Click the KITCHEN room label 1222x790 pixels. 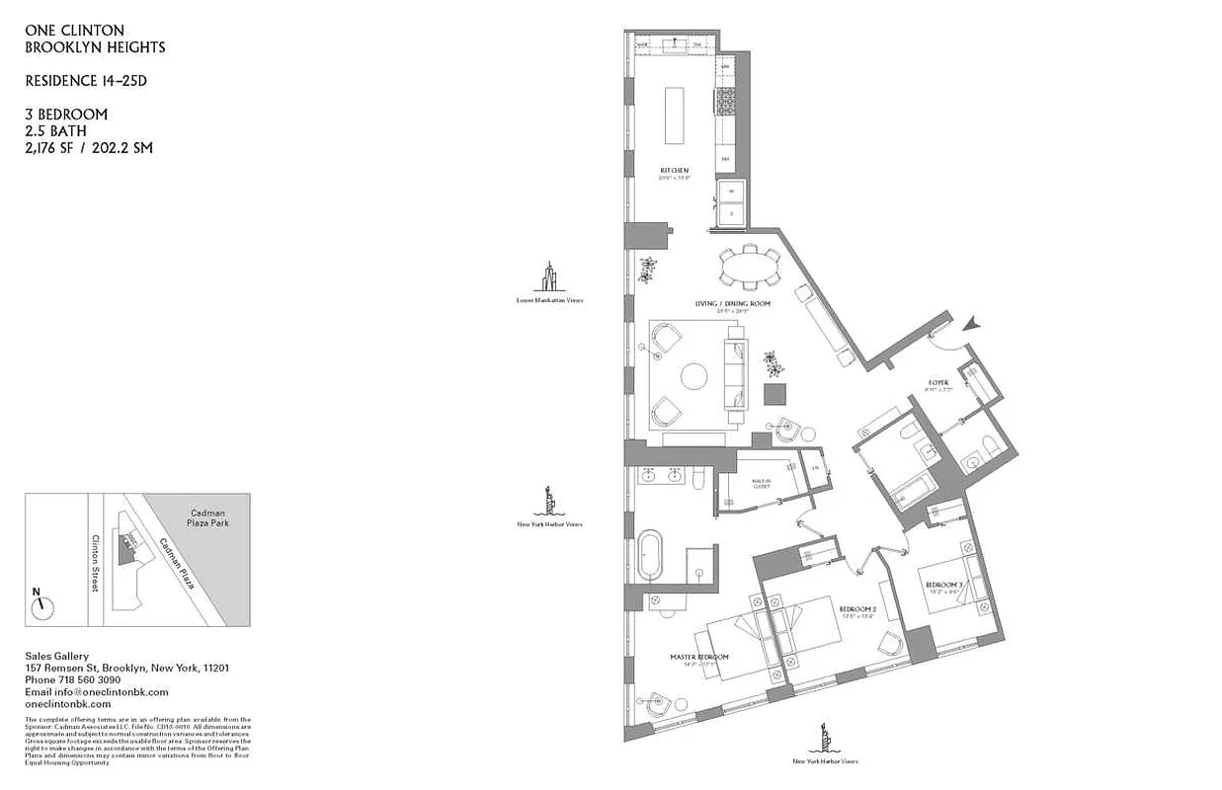(x=675, y=171)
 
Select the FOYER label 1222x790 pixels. (x=938, y=382)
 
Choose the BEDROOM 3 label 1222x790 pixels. (x=943, y=586)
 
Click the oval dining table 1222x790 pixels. (x=748, y=267)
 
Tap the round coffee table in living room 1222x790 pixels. (x=694, y=376)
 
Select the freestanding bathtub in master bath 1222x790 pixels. (x=651, y=556)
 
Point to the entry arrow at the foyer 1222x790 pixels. (x=973, y=323)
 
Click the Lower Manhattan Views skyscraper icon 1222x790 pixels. (x=549, y=277)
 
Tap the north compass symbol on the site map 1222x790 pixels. (x=41, y=605)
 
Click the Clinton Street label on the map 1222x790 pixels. (x=96, y=563)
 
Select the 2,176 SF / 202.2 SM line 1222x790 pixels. (x=89, y=147)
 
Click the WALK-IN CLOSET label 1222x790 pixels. (x=761, y=484)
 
